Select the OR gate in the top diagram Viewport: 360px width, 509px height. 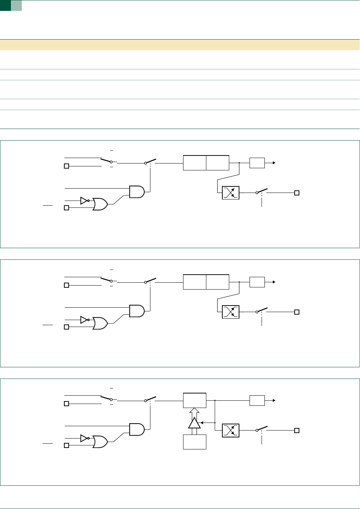click(100, 204)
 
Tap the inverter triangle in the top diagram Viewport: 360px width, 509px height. click(84, 200)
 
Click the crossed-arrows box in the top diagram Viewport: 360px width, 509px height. click(231, 193)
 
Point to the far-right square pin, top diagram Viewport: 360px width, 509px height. click(297, 193)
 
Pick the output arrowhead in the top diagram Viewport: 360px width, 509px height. click(274, 163)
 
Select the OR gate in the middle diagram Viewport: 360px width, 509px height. click(100, 323)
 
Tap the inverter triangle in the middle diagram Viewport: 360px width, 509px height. click(84, 319)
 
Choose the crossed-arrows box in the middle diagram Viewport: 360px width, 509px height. click(231, 312)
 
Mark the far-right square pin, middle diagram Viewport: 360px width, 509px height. click(297, 312)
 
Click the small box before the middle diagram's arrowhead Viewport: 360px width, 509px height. click(257, 282)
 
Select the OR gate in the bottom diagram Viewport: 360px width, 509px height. click(100, 442)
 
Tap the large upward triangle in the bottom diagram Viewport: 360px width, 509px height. click(194, 423)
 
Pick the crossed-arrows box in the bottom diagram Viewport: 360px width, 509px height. click(231, 431)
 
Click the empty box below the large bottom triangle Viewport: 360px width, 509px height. click(195, 442)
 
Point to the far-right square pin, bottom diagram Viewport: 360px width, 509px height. click(297, 431)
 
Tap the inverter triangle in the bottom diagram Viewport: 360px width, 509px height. click(84, 438)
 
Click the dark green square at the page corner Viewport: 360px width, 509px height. click(5, 5)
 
